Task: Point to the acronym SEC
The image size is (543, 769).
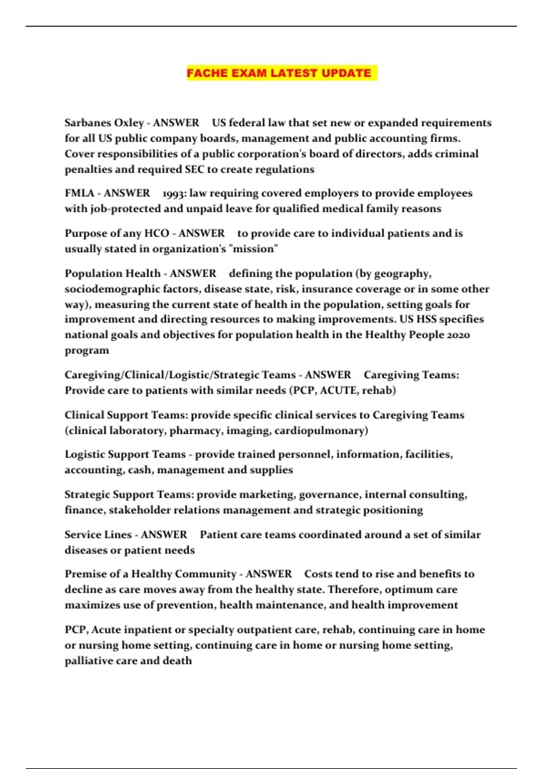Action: point(195,170)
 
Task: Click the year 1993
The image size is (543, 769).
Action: point(174,194)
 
